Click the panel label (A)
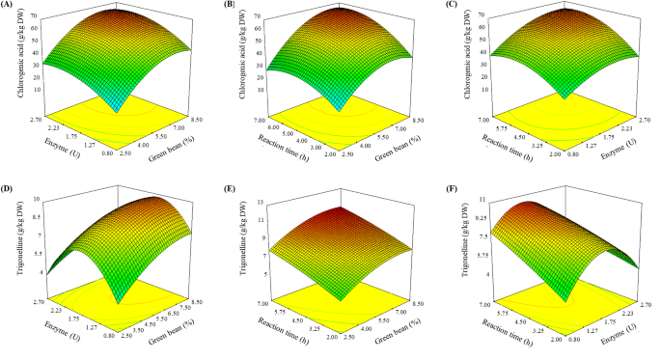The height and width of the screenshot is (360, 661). click(x=11, y=6)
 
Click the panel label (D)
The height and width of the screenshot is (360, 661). click(x=11, y=189)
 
